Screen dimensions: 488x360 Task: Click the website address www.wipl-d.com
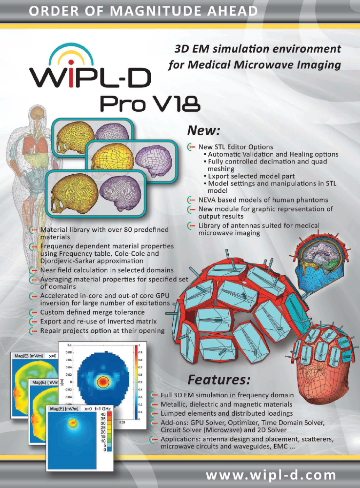278,474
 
